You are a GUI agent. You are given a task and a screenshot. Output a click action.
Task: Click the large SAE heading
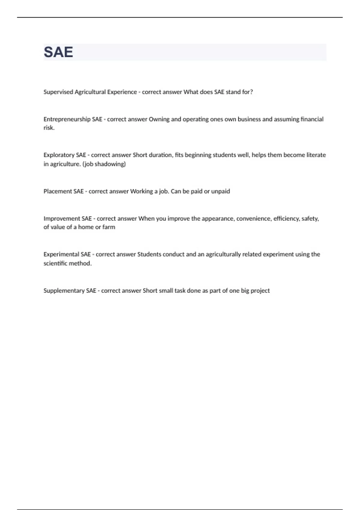(x=58, y=52)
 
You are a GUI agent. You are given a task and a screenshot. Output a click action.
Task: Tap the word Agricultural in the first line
(x=90, y=92)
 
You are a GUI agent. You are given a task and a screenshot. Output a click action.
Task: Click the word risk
(x=49, y=128)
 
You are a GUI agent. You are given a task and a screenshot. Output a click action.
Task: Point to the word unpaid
(x=220, y=191)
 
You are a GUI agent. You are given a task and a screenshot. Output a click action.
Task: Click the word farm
(x=109, y=227)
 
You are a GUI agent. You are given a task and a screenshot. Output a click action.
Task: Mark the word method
(x=81, y=263)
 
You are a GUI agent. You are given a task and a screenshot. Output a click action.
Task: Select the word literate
(x=316, y=155)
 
